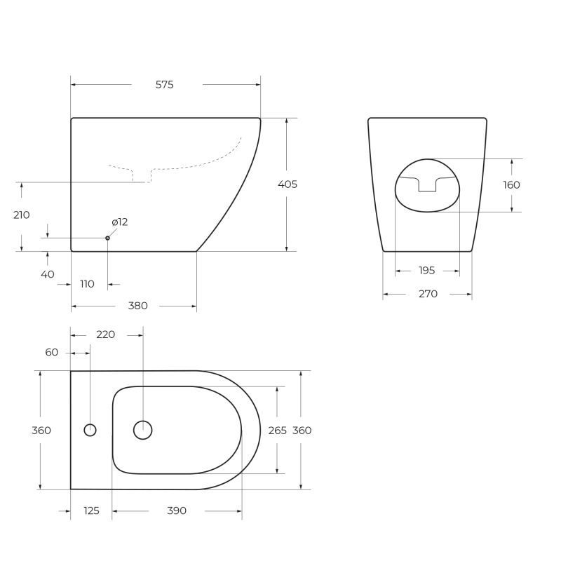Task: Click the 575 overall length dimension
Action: coord(164,85)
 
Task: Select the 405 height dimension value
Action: coord(288,184)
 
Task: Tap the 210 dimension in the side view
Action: coord(22,215)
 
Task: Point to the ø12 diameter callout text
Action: coord(120,222)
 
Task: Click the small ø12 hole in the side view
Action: coord(107,238)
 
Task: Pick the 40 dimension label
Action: coord(47,274)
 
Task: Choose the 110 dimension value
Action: coord(87,284)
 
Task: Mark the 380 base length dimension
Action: coord(138,306)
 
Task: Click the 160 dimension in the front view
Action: coord(512,185)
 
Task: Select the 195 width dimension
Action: coord(426,271)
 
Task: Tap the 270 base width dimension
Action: coord(428,294)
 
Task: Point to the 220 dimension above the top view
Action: coord(105,334)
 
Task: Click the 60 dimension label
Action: coord(52,352)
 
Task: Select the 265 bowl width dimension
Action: coord(278,431)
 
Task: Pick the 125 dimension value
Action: coord(91,511)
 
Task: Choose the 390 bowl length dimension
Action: coord(177,511)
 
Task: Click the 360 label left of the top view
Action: coord(41,431)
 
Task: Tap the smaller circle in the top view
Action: coord(90,430)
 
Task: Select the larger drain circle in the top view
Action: coord(142,430)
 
